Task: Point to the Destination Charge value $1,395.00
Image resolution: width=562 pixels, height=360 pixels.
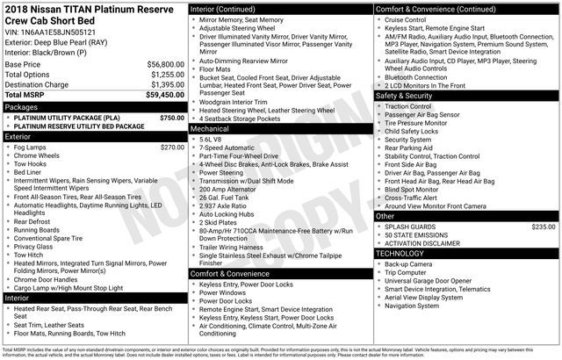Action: pyautogui.click(x=161, y=84)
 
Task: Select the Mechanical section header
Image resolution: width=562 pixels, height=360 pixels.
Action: pyautogui.click(x=216, y=128)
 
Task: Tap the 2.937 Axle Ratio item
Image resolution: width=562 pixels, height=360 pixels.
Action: pyautogui.click(x=229, y=205)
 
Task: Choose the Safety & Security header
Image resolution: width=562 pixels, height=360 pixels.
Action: pyautogui.click(x=407, y=95)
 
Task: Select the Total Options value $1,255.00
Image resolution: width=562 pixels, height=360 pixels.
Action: pyautogui.click(x=161, y=75)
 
